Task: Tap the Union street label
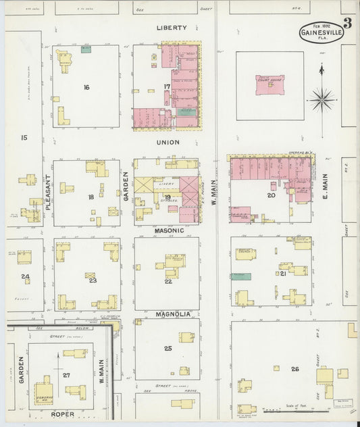click(168, 143)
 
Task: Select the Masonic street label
click(168, 230)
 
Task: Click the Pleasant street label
click(48, 192)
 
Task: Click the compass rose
click(322, 99)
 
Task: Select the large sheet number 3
click(347, 23)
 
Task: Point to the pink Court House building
click(269, 85)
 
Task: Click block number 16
click(86, 87)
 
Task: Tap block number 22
click(168, 281)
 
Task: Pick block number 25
click(168, 349)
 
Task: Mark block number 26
click(294, 368)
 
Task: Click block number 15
click(24, 138)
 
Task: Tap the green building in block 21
click(240, 276)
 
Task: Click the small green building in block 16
click(86, 49)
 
